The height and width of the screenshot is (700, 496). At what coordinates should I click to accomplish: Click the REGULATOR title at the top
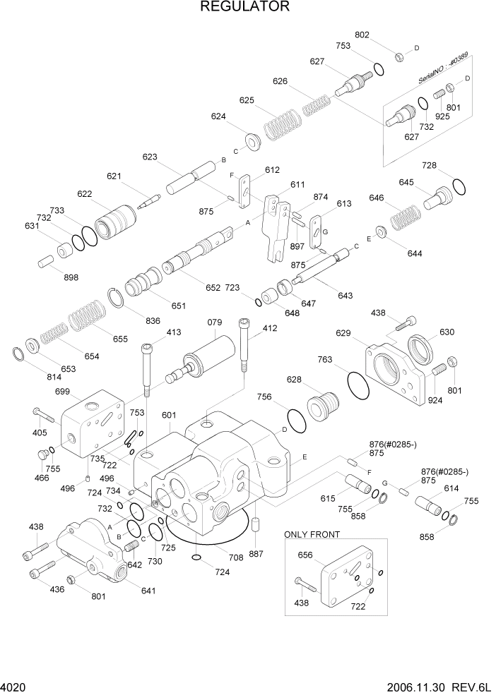(244, 8)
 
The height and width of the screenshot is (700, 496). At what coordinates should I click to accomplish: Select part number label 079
(215, 323)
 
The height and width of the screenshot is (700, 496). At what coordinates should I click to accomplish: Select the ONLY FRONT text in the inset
(312, 535)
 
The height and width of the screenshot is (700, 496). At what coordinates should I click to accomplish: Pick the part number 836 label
(153, 321)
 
